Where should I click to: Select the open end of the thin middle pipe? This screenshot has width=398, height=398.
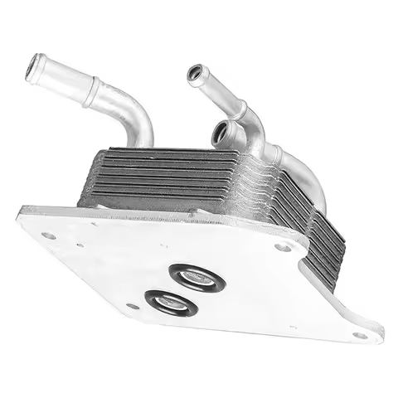pos(196,75)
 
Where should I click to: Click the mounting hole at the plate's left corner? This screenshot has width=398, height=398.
pos(50,235)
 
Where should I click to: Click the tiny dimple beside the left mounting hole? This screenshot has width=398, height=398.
pos(79,245)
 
